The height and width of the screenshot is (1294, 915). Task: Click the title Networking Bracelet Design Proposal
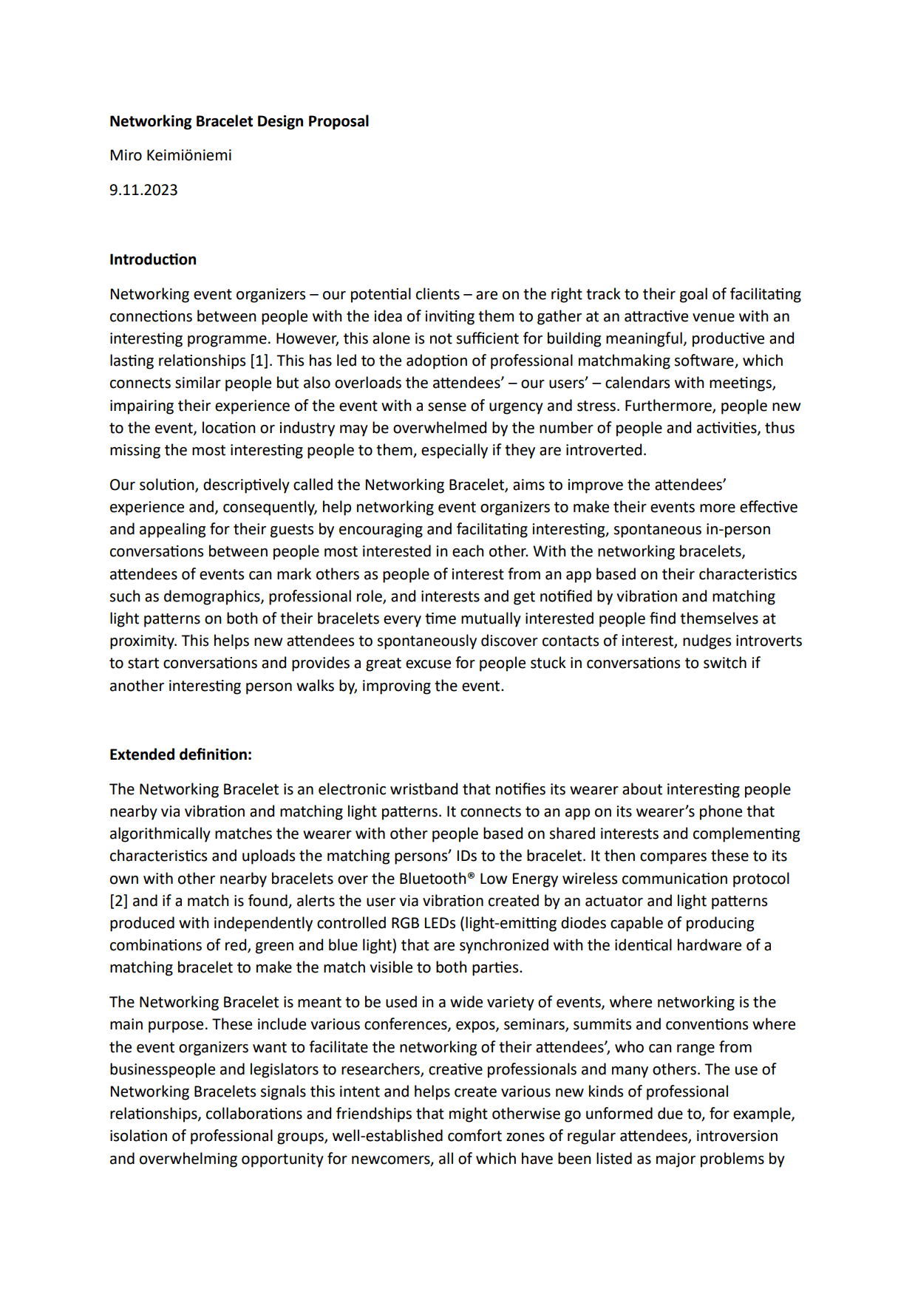tap(239, 121)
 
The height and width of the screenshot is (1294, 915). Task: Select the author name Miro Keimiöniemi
tap(171, 155)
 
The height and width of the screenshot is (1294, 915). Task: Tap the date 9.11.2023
tap(143, 190)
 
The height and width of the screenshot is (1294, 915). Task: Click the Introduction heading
tap(153, 259)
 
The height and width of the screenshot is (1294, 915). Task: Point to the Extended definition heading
tap(180, 755)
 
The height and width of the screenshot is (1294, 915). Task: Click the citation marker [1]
tap(259, 361)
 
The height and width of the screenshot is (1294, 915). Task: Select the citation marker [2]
tap(119, 901)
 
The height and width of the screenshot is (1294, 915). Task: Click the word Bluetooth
tap(433, 879)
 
